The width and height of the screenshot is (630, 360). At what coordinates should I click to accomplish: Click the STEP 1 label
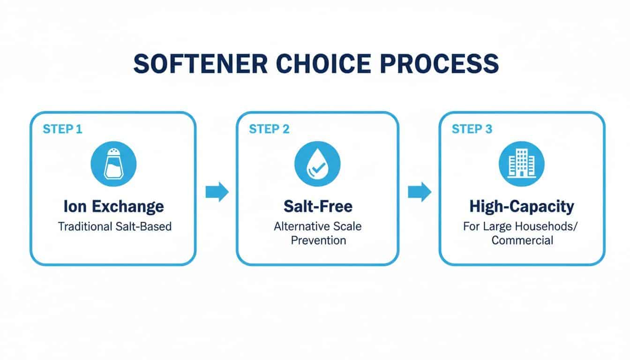point(62,129)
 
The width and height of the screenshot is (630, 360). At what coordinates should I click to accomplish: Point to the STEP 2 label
point(269,129)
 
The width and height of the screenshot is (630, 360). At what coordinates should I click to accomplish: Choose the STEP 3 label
point(472,129)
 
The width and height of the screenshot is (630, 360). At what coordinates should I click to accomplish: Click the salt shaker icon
point(113,164)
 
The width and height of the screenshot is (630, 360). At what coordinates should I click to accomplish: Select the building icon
point(521,164)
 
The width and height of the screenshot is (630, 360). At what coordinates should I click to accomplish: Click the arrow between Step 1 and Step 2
point(217,192)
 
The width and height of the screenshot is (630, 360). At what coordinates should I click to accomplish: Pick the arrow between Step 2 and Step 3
point(420,192)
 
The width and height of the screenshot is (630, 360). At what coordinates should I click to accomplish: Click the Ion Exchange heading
point(113,206)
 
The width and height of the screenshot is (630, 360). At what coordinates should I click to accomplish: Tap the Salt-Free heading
point(317,206)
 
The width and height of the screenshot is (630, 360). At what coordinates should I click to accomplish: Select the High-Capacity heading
point(521,206)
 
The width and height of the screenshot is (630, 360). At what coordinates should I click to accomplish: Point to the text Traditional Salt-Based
point(115,226)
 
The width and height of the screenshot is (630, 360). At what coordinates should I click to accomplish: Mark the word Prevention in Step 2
point(318,240)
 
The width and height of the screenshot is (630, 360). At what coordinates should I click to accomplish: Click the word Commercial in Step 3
point(521,240)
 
